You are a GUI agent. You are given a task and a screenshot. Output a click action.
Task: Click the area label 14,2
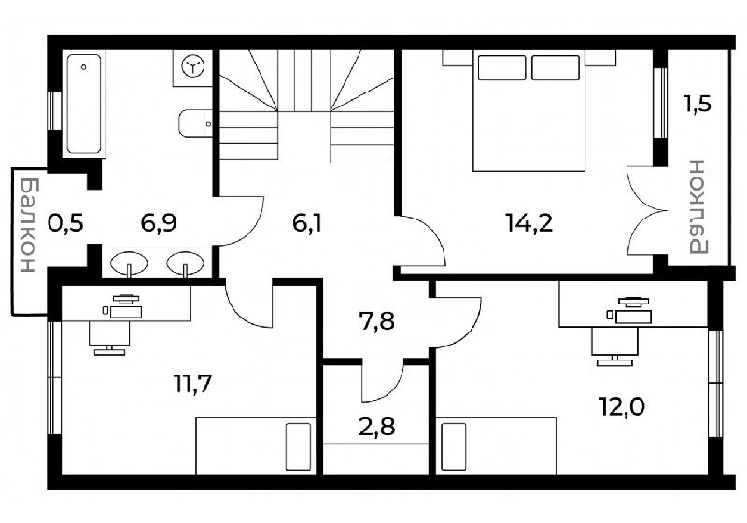coord(529,223)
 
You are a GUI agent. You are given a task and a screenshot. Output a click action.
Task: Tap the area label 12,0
coord(622,407)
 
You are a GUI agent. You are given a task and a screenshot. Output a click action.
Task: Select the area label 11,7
coord(192,384)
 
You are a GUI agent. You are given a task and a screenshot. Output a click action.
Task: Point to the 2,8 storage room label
coord(376,427)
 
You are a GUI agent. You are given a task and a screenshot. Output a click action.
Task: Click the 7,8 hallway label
coord(376,321)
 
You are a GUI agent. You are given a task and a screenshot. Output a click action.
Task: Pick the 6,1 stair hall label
coord(307,223)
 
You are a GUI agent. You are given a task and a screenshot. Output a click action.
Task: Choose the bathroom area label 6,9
coord(159,223)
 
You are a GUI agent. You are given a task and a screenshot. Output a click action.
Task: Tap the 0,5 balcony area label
coord(65,223)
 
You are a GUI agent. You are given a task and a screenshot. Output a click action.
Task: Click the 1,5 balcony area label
coord(698,104)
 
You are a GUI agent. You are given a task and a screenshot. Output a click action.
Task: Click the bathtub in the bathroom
coord(84,105)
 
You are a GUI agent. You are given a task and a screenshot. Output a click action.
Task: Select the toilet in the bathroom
coord(195,124)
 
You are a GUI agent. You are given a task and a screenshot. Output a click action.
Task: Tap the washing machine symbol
coord(193,67)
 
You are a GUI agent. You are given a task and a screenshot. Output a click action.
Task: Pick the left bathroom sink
coord(129,263)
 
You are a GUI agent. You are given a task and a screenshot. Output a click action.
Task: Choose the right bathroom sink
coord(185,263)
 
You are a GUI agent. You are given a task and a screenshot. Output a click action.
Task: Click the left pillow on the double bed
coord(501,67)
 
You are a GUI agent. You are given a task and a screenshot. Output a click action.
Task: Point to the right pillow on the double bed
coord(556,67)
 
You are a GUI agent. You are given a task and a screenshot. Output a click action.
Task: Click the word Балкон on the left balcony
coord(29,225)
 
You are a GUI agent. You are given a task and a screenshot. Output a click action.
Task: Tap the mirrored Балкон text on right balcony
coord(698,206)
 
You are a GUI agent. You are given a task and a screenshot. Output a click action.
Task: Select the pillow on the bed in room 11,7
coord(298,446)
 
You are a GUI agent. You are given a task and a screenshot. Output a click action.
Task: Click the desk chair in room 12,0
coord(614,346)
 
